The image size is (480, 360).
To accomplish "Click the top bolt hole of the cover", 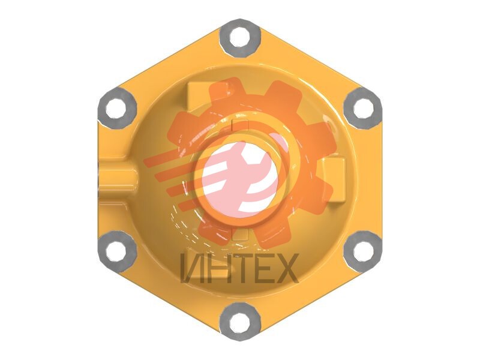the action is [x=239, y=38].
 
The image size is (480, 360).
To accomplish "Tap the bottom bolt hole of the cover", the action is [x=239, y=322].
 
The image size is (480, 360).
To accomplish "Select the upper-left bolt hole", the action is [x=116, y=109].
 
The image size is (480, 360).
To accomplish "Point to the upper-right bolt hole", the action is [x=364, y=109].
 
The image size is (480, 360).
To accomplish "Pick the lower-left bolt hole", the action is [x=116, y=251].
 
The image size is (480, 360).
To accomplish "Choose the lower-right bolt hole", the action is [x=364, y=251].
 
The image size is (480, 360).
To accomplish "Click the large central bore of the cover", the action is [x=239, y=180].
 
